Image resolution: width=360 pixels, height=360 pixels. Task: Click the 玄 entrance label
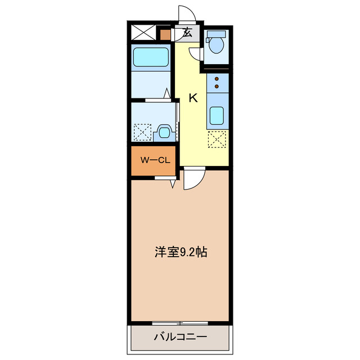(x=187, y=33)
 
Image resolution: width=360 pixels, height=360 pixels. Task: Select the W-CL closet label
(x=155, y=160)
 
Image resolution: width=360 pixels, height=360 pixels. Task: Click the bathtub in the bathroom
(x=151, y=57)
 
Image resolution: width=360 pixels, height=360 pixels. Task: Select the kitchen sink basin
(x=217, y=116)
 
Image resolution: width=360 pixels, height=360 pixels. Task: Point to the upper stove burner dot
(x=217, y=80)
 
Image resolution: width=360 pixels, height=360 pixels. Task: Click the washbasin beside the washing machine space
(x=164, y=132)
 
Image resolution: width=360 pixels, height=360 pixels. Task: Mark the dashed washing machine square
(x=142, y=133)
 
